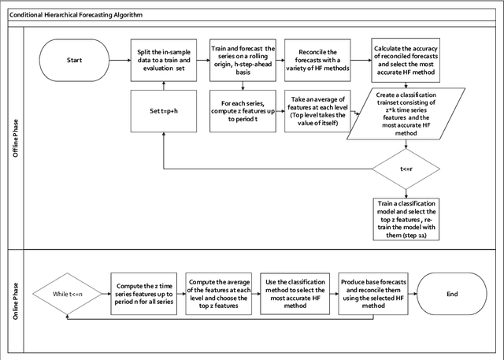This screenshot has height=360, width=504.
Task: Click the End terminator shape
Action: pos(451,295)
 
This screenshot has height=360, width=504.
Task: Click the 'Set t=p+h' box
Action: pos(164,110)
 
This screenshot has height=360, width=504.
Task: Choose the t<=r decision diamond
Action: pos(403,168)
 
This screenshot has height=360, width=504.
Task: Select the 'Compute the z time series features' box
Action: pos(145,295)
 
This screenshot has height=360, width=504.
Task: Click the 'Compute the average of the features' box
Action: pos(220,295)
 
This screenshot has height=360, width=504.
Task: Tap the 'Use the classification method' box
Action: pos(297,295)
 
